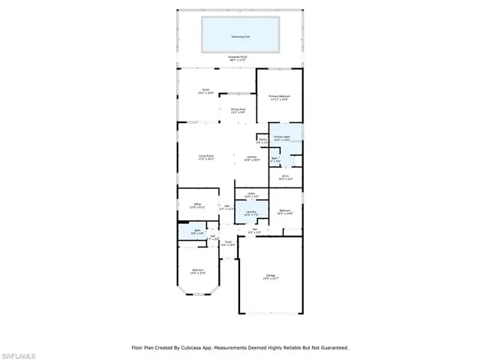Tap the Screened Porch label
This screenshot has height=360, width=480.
[238, 58]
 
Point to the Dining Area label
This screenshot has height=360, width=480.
[238, 110]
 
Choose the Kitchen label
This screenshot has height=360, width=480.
[253, 157]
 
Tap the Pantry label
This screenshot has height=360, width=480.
[263, 139]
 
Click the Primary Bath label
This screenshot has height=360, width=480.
[282, 137]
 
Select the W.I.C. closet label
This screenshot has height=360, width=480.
[286, 178]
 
